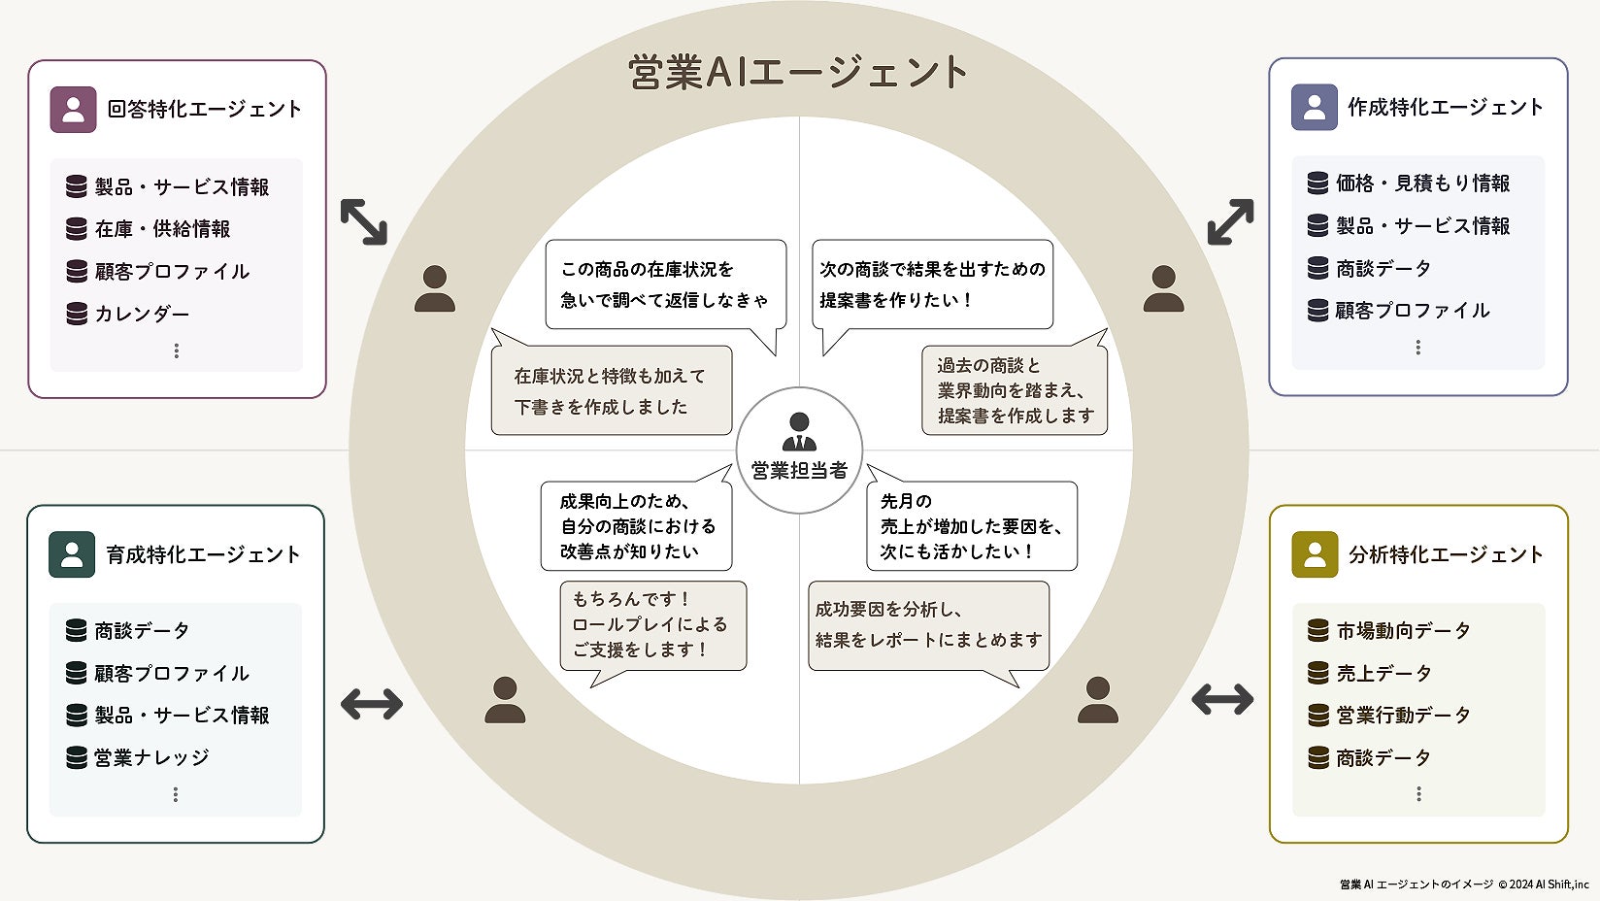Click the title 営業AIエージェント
coord(798,72)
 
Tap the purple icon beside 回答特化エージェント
coord(73,109)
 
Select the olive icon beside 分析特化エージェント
coord(1315,554)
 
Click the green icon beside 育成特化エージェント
coord(72,554)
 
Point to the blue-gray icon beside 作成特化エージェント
coord(1314,107)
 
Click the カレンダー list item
coord(142,314)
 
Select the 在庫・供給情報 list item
coord(162,229)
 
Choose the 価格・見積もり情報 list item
coord(1422,184)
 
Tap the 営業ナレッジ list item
coord(151,757)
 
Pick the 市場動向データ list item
coord(1403,631)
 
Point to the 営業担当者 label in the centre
coord(799,471)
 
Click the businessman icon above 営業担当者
coord(799,431)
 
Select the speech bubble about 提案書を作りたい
coord(932,284)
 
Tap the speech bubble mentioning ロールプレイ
coord(652,624)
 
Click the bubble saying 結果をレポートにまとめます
coord(928,625)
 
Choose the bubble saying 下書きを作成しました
coord(611,390)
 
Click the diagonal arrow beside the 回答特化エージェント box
coord(364,221)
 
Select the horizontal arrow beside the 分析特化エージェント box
coord(1222,699)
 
